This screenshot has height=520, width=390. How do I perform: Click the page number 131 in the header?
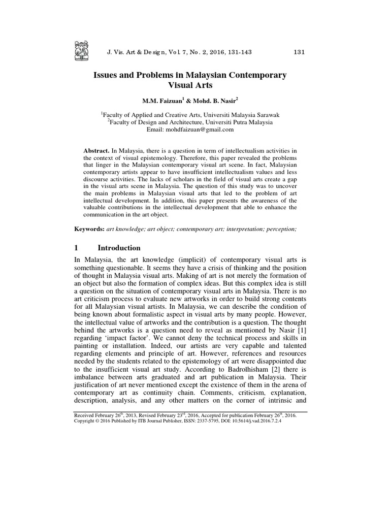[x=300, y=52]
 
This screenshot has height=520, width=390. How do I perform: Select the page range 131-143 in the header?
[x=235, y=52]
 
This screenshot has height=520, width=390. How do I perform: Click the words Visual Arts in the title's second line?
[x=190, y=86]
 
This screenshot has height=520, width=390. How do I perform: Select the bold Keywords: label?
[x=89, y=230]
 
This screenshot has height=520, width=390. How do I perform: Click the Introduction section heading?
[x=119, y=248]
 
